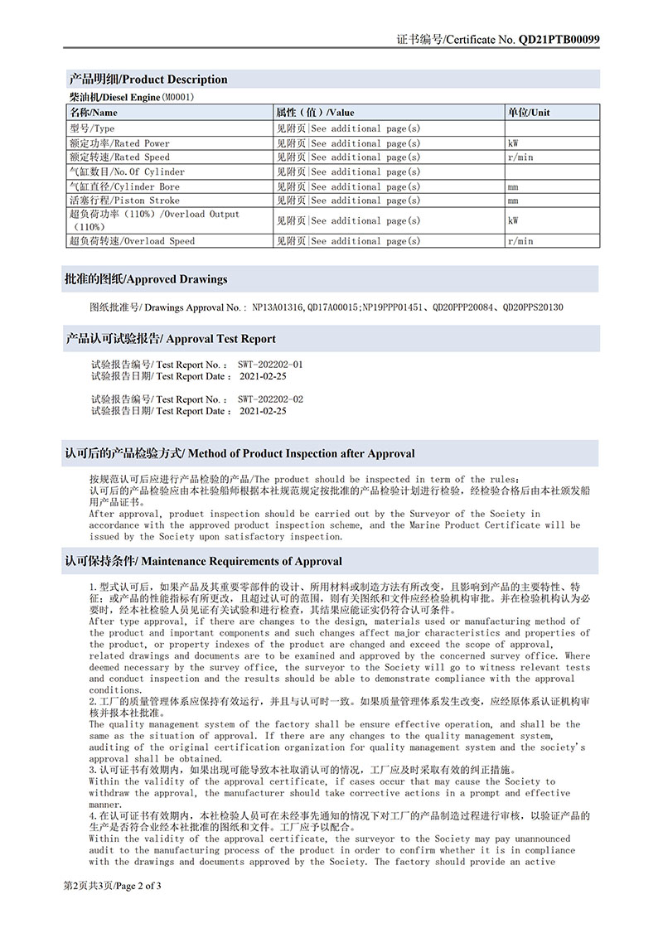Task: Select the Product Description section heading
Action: (148, 80)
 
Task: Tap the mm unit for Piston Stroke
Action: (513, 201)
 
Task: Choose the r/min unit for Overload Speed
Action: (520, 241)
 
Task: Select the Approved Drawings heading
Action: (145, 279)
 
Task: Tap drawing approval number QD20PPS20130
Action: (533, 307)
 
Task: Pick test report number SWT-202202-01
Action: (270, 364)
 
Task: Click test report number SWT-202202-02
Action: (270, 399)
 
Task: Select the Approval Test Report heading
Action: (171, 339)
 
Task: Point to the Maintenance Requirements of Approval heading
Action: (203, 561)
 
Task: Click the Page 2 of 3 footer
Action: (113, 886)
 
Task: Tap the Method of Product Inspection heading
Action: (240, 454)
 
